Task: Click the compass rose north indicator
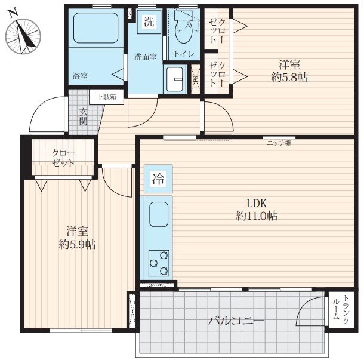[x=13, y=12]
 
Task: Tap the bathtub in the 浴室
[x=95, y=28]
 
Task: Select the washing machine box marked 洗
[x=149, y=22]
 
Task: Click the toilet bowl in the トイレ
[x=183, y=27]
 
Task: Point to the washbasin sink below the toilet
[x=175, y=79]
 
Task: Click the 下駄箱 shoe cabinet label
[x=107, y=97]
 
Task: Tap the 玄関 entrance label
[x=84, y=116]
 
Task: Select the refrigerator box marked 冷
[x=158, y=179]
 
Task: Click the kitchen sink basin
[x=159, y=214]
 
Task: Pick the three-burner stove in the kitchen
[x=159, y=263]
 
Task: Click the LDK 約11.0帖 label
[x=257, y=210]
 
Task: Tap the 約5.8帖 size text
[x=289, y=78]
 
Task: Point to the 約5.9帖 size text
[x=77, y=244]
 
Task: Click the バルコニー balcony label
[x=236, y=321]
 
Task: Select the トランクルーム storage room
[x=341, y=310]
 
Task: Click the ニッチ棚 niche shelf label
[x=279, y=143]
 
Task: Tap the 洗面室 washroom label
[x=146, y=57]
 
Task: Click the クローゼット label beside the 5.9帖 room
[x=63, y=158]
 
